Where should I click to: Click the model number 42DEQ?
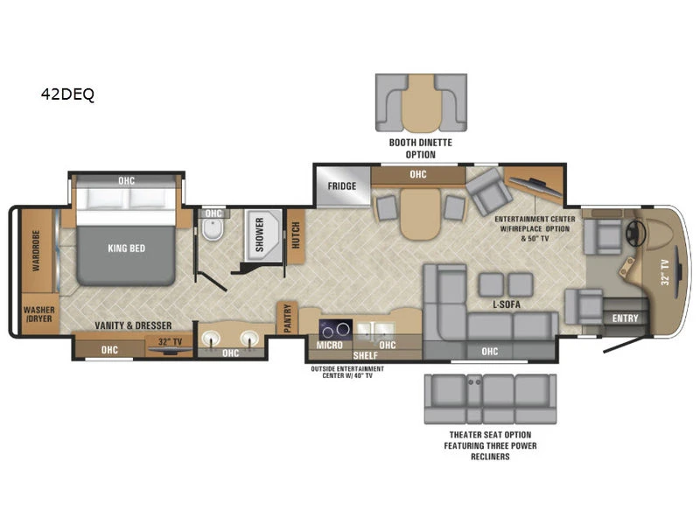67,94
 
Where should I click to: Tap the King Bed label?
126,248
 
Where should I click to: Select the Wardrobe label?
36,250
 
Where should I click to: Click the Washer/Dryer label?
39,314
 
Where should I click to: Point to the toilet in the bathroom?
212,228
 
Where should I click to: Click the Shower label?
259,234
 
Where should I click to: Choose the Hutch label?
296,235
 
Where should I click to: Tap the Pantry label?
288,318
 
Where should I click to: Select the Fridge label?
342,186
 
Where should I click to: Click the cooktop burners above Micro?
336,331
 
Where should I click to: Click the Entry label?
625,318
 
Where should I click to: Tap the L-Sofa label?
507,304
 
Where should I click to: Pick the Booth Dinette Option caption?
421,149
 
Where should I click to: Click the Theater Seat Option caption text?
490,445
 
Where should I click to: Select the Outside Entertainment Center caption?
347,372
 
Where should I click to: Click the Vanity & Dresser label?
133,325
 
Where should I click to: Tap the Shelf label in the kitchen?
365,355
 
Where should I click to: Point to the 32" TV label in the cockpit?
665,272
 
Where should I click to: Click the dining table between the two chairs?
420,213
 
